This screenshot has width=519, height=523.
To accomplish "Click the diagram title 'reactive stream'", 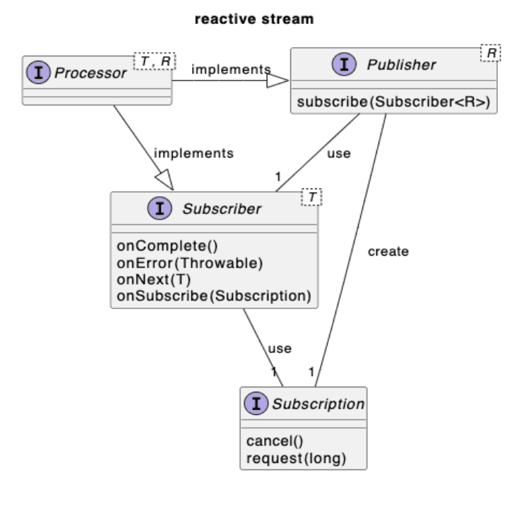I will click(x=253, y=19).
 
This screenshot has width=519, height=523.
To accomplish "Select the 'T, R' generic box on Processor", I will click(x=154, y=61).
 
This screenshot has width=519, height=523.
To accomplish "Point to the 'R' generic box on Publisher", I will click(x=489, y=54).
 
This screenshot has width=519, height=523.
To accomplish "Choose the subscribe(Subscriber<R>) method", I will click(x=394, y=102).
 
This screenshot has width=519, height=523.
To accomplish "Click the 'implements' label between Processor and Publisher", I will click(x=230, y=69).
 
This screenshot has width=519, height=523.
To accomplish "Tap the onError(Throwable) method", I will click(x=189, y=264).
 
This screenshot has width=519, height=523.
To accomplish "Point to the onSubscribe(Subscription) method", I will click(x=214, y=295).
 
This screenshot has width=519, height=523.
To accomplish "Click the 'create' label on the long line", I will click(x=388, y=251).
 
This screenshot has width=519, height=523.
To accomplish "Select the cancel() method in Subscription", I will click(x=274, y=443).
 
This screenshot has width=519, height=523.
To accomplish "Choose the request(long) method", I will click(x=296, y=458).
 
